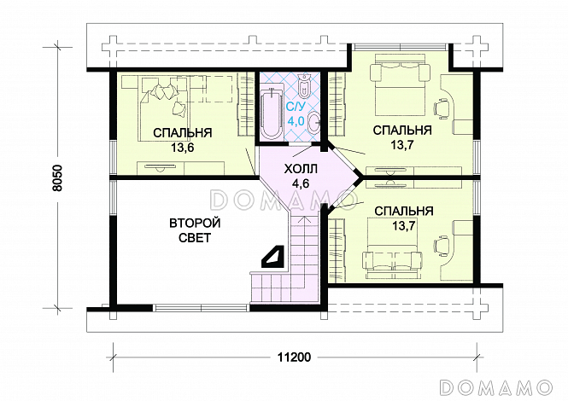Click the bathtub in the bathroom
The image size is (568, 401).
tap(272, 112)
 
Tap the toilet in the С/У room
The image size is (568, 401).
tap(303, 86)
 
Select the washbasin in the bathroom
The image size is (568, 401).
tap(313, 123)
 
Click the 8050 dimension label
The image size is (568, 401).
tap(57, 178)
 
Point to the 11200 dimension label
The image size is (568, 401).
tap(294, 357)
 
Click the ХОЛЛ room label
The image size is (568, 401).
tap(301, 169)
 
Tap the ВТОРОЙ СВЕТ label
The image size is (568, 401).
tap(195, 230)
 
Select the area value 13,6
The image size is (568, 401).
tap(183, 148)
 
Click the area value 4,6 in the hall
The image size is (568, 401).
tap(301, 183)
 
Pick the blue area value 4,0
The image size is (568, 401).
tap(296, 121)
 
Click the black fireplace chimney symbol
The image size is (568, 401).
tap(273, 257)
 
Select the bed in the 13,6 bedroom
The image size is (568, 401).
tap(164, 108)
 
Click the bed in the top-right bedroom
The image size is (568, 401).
tap(399, 84)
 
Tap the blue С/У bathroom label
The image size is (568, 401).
tap(296, 107)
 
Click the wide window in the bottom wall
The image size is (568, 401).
tap(201, 308)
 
